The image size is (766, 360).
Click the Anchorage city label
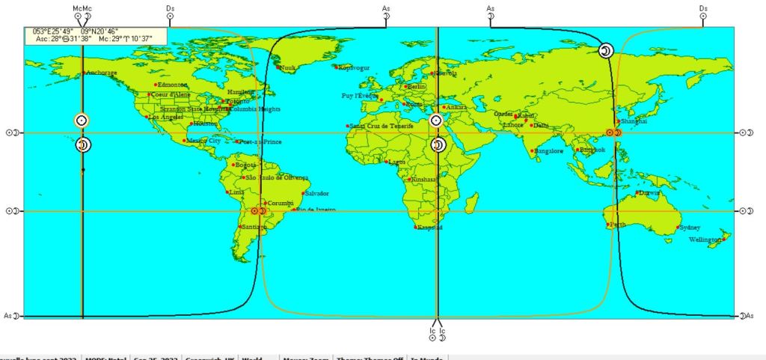(102, 73)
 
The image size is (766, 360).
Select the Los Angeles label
(165, 117)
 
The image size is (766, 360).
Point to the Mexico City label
(203, 141)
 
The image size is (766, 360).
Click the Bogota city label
(246, 165)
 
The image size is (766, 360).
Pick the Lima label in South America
(236, 192)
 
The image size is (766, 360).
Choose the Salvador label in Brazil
(317, 194)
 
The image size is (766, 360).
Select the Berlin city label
(416, 87)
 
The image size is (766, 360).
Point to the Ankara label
(457, 108)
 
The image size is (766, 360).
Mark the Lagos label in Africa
(396, 162)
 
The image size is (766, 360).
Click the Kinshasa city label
(424, 180)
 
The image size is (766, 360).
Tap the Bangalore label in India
(550, 151)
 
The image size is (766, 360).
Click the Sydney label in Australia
(690, 228)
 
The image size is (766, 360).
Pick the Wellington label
(706, 240)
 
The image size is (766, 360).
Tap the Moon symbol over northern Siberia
(607, 50)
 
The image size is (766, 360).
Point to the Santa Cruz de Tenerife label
(382, 126)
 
